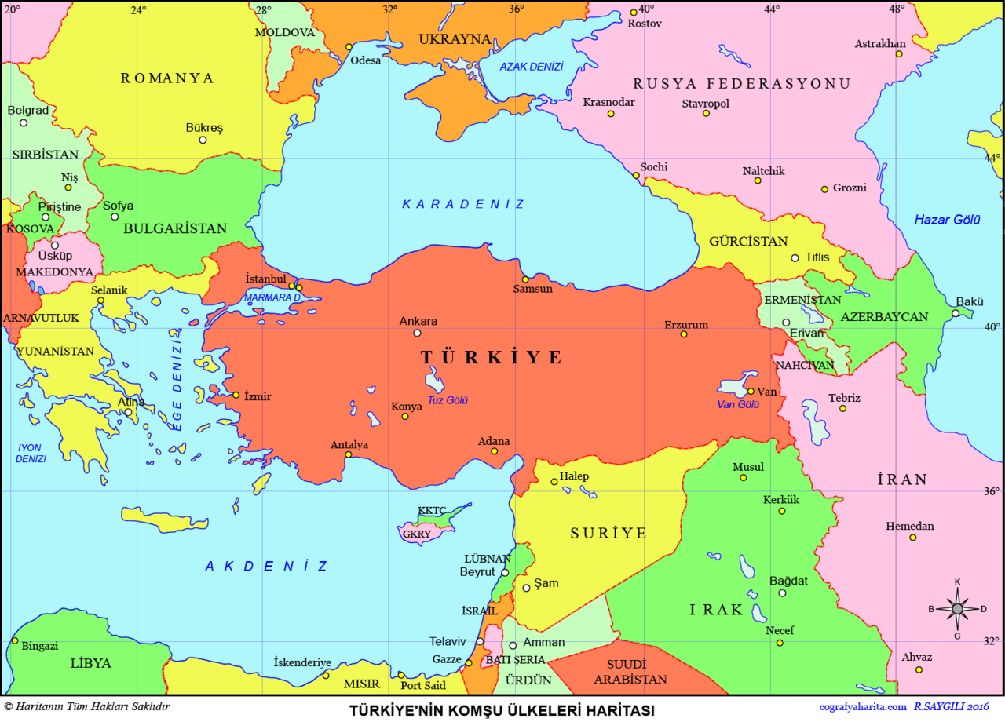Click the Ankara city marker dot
tap(417, 333)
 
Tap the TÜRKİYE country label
tap(492, 358)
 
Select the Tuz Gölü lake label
tap(448, 400)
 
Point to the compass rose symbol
tap(957, 608)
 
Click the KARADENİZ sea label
tap(462, 204)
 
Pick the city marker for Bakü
tap(956, 313)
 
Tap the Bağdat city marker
tap(782, 593)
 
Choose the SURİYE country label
tap(608, 534)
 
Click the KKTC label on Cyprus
tap(432, 510)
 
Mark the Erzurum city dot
tap(684, 334)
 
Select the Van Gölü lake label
tap(738, 404)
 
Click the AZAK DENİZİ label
tap(532, 67)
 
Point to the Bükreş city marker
tap(203, 140)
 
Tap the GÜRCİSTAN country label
tap(747, 242)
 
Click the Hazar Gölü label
tap(947, 220)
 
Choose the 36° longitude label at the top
tap(516, 9)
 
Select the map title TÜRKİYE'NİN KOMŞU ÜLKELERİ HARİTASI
tap(502, 710)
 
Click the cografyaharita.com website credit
tap(862, 708)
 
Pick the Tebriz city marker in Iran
tap(842, 408)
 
